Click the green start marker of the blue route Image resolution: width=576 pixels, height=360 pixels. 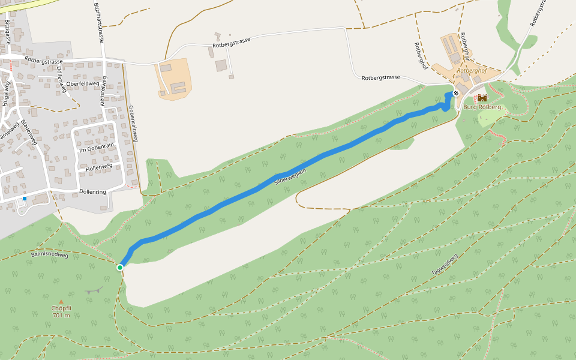120,267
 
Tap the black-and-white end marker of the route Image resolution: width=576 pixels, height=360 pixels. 456,93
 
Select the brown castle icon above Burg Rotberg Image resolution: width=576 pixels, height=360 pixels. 482,98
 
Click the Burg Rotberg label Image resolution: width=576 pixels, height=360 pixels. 482,107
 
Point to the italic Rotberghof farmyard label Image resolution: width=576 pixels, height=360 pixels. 470,70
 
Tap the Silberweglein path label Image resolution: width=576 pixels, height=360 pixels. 290,175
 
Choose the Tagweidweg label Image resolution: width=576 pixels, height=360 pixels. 445,265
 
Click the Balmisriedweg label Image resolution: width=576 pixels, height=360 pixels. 50,255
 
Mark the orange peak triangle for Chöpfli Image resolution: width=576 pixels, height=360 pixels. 61,302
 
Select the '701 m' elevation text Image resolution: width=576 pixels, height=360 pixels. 61,316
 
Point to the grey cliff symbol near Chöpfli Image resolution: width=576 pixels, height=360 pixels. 94,290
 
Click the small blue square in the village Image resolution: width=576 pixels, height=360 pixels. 25,199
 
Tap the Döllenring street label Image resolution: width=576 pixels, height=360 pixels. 92,191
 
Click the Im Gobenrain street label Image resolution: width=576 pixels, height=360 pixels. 96,148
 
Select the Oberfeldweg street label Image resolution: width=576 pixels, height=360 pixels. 82,83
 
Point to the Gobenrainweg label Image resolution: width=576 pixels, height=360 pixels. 133,124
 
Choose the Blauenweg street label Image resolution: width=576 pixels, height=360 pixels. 29,131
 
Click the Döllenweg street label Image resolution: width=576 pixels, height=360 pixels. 61,79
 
